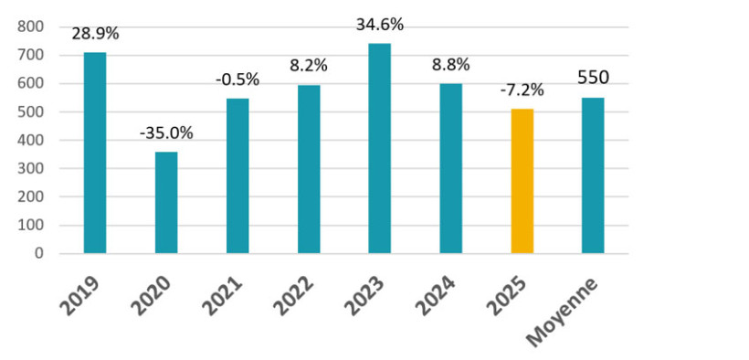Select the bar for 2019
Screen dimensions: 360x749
click(95, 153)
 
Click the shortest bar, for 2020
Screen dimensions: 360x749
click(166, 203)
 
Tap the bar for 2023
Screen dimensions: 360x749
click(380, 148)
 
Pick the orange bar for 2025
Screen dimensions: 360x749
click(522, 181)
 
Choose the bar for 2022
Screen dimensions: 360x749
click(309, 169)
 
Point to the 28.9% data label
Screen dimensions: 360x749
click(95, 34)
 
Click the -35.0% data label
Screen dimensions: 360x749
click(166, 132)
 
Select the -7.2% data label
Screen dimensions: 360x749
click(522, 90)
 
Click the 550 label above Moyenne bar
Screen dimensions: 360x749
click(594, 79)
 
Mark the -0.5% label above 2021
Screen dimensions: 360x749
click(237, 79)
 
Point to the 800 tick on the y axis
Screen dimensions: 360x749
click(31, 27)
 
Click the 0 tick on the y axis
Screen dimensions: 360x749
click(40, 253)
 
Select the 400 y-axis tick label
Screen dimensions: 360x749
click(31, 141)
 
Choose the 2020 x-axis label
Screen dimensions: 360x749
click(153, 293)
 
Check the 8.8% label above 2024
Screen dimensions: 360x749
click(451, 65)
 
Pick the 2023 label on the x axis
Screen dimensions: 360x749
click(367, 293)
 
